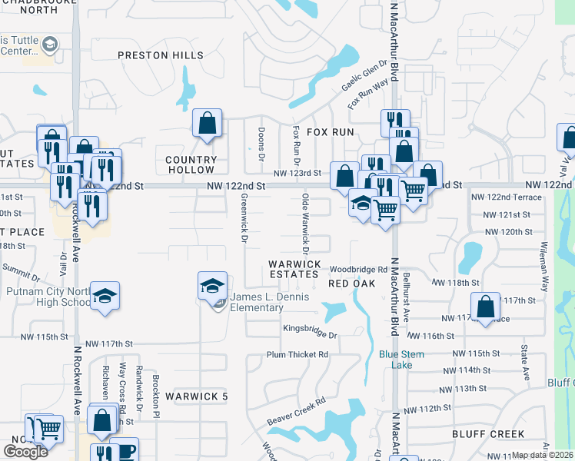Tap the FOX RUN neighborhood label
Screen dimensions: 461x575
331,132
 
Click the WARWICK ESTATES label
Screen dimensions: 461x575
294,269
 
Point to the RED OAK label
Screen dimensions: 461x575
351,284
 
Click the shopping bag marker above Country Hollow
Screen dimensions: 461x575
208,123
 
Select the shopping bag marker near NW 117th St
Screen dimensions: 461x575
486,308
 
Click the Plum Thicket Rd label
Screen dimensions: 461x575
297,355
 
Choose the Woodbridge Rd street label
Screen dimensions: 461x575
359,270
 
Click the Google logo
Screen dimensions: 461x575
25,451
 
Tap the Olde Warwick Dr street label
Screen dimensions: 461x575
305,224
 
